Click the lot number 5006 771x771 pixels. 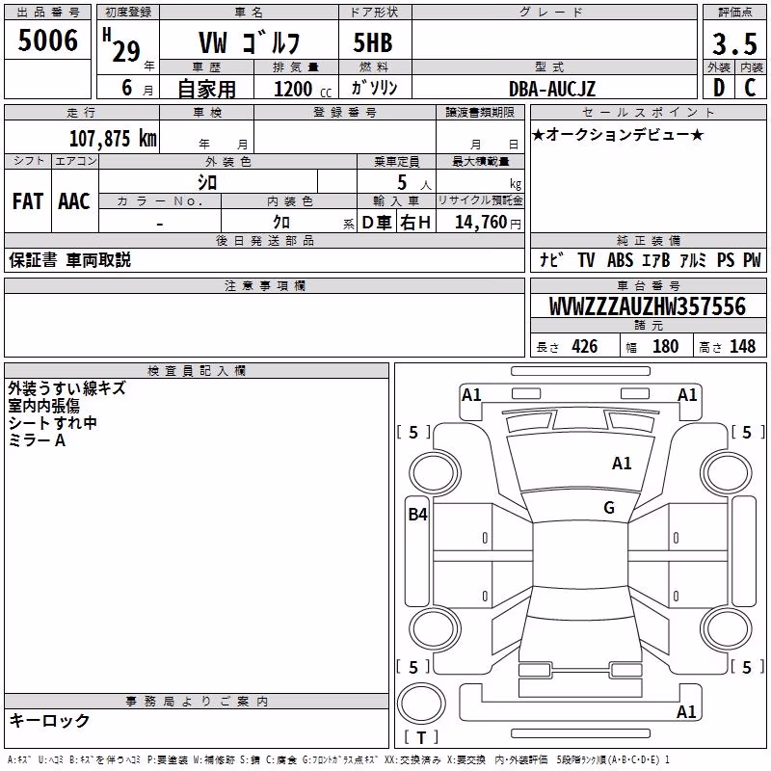(x=47, y=40)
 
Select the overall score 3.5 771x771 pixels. (x=734, y=43)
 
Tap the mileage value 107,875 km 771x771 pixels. (x=113, y=138)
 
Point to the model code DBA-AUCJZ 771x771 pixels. (x=551, y=89)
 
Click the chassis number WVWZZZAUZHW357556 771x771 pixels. (x=648, y=306)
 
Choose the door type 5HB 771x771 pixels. (x=373, y=42)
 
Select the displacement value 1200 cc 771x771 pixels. (x=303, y=89)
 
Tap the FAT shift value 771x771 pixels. (x=28, y=201)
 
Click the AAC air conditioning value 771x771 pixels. (x=74, y=201)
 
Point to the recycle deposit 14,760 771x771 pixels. (x=481, y=223)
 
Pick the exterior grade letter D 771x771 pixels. (x=719, y=88)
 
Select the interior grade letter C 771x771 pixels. (x=751, y=88)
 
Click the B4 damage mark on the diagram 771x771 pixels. (x=418, y=515)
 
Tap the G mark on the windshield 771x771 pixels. (x=609, y=508)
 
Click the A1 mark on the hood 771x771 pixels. (x=622, y=464)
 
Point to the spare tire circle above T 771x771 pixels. (x=421, y=704)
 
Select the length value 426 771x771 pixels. (x=585, y=346)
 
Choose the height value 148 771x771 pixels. (x=742, y=346)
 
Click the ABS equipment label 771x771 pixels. (x=620, y=260)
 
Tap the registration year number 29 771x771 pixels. (x=126, y=51)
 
